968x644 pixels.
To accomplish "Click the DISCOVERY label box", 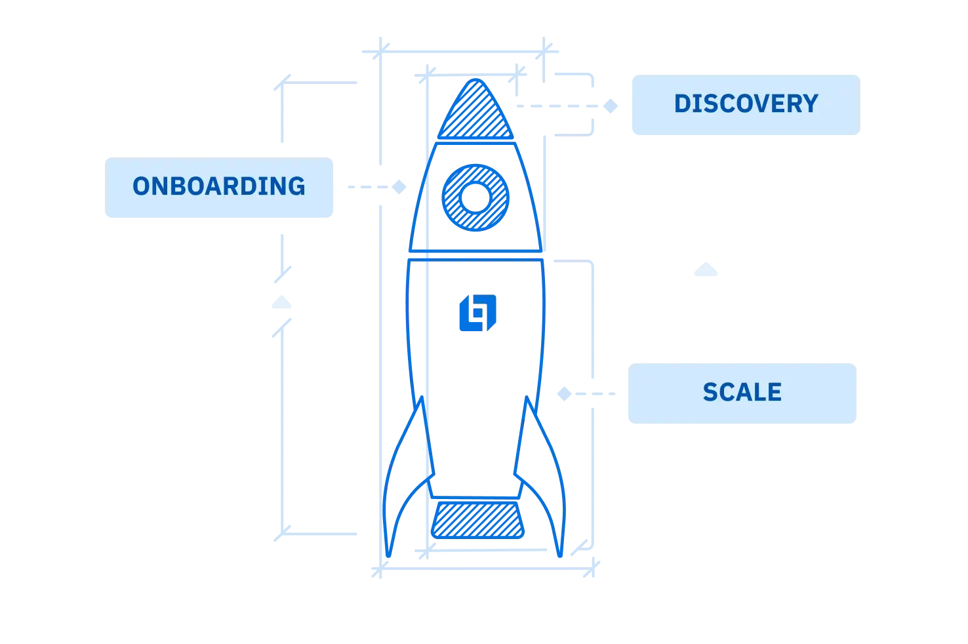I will point(744,105).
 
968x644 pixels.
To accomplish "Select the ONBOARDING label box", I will point(220,188).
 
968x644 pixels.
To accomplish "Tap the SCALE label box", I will point(742,393).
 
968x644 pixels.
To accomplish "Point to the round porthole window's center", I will point(476,196).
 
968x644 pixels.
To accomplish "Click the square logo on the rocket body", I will point(477,313).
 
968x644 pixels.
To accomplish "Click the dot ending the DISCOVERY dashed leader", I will point(611,106).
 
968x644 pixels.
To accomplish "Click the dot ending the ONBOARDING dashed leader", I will point(400,188).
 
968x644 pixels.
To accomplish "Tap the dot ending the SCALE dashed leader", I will point(564,394).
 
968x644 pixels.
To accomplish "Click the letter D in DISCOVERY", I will point(682,104).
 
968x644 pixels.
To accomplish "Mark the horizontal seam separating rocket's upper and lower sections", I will point(477,254).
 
